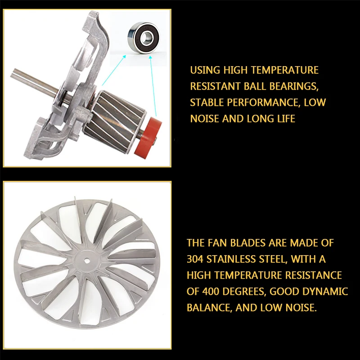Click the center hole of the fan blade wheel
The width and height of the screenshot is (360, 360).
tap(87, 260)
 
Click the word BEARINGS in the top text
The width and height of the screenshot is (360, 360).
tap(294, 86)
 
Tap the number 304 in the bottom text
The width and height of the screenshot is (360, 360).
tap(195, 259)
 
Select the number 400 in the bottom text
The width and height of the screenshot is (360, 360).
tap(210, 291)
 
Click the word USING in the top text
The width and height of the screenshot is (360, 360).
tap(205, 70)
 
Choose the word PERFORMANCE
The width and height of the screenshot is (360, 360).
tap(263, 103)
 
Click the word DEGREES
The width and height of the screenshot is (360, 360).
tap(244, 292)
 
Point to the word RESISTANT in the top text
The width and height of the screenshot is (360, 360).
tap(215, 86)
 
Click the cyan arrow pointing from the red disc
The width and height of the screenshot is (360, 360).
tap(153, 86)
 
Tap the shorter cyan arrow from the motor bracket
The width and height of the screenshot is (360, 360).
tap(114, 70)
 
